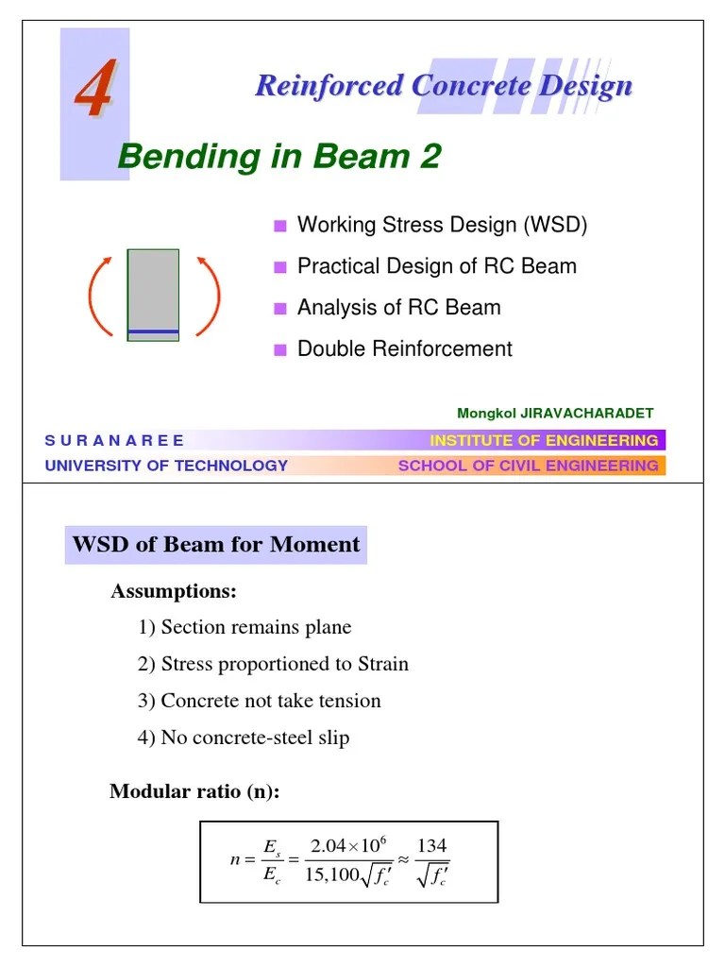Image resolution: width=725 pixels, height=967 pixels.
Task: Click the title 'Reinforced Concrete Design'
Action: [x=443, y=86]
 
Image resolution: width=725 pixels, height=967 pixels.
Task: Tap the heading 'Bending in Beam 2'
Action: [x=279, y=157]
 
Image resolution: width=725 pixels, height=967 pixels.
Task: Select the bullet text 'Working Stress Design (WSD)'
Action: [x=442, y=225]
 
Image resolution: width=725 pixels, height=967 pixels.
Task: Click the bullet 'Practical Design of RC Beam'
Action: [x=436, y=266]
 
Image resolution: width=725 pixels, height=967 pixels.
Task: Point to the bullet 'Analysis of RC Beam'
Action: [x=398, y=308]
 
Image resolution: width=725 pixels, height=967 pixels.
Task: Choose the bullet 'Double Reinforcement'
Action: [x=404, y=348]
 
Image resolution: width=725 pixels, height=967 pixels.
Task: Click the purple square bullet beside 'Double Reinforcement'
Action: [x=279, y=349]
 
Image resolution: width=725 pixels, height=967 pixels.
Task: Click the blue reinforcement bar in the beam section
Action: [x=153, y=331]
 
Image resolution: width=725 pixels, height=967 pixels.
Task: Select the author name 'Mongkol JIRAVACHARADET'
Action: [x=555, y=414]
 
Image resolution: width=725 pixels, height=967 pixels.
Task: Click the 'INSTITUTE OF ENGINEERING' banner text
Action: [x=544, y=441]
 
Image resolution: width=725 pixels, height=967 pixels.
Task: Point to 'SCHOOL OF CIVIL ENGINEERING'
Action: [x=528, y=466]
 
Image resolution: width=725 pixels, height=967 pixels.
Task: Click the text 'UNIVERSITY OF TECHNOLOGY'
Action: [x=166, y=466]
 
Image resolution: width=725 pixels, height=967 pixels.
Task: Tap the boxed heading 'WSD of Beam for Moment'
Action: [x=216, y=545]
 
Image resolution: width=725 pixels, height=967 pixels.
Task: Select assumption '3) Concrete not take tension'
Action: [x=260, y=701]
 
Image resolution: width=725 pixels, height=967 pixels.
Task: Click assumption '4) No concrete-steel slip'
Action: [x=244, y=738]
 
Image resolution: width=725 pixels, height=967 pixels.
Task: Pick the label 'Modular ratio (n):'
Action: [x=195, y=791]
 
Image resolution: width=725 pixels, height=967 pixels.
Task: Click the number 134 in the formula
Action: [x=431, y=845]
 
